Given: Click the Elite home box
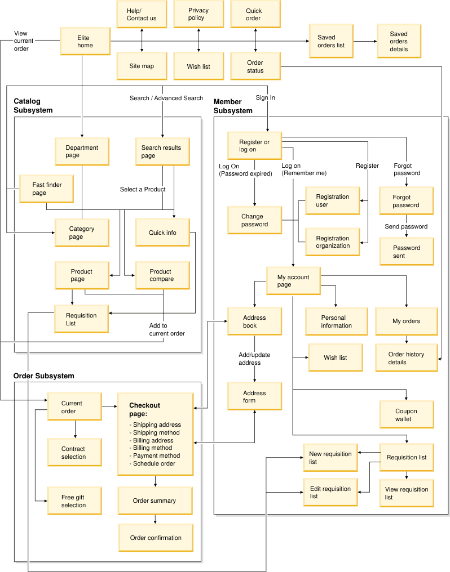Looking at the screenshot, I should [85, 41].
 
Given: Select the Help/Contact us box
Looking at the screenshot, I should [142, 14].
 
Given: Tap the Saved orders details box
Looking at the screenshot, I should [399, 41].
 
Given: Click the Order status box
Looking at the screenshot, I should [255, 66].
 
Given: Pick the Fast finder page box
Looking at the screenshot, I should [46, 189].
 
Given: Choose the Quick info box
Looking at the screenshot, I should [162, 233].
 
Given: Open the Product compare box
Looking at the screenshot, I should [162, 275].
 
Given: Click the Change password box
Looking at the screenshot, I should [254, 220].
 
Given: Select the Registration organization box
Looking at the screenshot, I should [332, 242].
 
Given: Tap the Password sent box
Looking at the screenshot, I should [406, 252].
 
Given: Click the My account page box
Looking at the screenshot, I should [293, 281].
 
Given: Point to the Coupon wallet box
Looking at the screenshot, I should [406, 415].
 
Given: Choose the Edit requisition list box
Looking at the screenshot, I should [330, 493].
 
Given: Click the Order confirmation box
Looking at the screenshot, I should [156, 538].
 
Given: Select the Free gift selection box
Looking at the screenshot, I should [74, 501].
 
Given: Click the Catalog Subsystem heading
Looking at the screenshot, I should [33, 106].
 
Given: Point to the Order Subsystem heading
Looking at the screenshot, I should [43, 376].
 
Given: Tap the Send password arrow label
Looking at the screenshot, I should [406, 226].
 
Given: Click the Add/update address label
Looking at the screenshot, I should [255, 359].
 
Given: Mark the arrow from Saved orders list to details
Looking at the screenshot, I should [365, 41].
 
